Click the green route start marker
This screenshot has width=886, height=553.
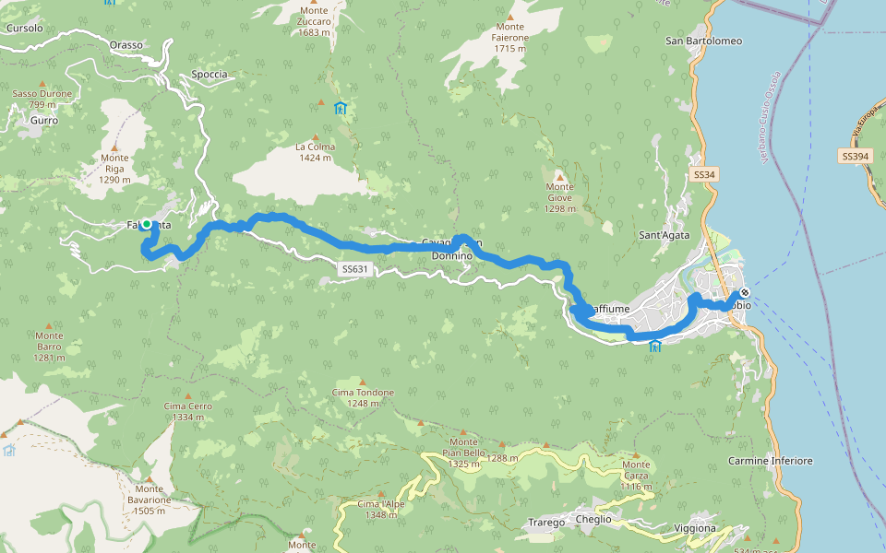tap(146, 224)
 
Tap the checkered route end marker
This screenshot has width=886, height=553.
tap(744, 294)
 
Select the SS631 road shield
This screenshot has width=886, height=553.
tap(354, 269)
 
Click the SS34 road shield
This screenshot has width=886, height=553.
tap(705, 174)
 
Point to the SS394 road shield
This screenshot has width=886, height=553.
tap(855, 158)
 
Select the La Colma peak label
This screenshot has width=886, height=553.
tap(315, 152)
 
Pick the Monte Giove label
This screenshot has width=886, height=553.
tap(559, 203)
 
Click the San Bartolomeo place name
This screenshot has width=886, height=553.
tap(704, 41)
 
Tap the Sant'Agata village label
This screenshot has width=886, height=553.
tap(665, 235)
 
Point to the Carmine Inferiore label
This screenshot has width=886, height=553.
tap(771, 460)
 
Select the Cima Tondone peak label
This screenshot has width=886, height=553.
tap(363, 397)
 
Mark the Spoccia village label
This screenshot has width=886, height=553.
tap(209, 74)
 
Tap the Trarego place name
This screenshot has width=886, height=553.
tap(546, 523)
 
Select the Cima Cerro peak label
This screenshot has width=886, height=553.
tap(187, 412)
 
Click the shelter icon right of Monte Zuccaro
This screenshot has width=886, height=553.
tap(341, 108)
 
